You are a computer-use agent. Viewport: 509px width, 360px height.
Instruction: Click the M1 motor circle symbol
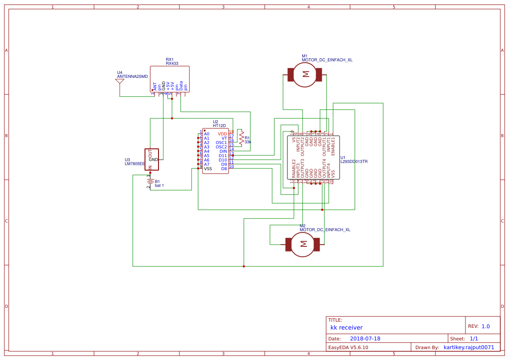pyautogui.click(x=305, y=74)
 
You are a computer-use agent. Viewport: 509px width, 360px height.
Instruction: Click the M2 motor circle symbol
pyautogui.click(x=303, y=244)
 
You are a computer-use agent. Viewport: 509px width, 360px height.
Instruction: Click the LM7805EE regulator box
pyautogui.click(x=152, y=160)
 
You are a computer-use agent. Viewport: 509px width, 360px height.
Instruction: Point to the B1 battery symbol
pyautogui.click(x=150, y=181)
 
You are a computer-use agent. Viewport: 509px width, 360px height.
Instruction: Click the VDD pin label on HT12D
pyautogui.click(x=222, y=134)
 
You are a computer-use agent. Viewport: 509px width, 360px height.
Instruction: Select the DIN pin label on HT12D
pyautogui.click(x=223, y=151)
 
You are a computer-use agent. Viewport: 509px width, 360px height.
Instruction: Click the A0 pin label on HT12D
pyautogui.click(x=207, y=134)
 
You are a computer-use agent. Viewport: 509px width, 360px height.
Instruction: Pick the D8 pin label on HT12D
pyautogui.click(x=224, y=168)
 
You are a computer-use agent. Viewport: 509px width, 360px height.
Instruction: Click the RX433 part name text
pyautogui.click(x=172, y=64)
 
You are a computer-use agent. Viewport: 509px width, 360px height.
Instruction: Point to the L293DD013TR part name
pyautogui.click(x=354, y=161)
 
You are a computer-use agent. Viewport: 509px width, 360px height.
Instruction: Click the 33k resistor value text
pyautogui.click(x=248, y=142)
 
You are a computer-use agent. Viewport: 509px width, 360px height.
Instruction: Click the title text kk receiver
pyautogui.click(x=346, y=328)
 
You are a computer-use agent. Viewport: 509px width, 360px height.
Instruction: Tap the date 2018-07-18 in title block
pyautogui.click(x=365, y=339)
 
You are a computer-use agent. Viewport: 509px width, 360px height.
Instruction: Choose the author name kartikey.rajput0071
pyautogui.click(x=469, y=347)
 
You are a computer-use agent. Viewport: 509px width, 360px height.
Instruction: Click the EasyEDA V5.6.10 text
pyautogui.click(x=348, y=347)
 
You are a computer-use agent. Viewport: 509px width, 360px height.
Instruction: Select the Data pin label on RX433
pyautogui.click(x=181, y=86)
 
